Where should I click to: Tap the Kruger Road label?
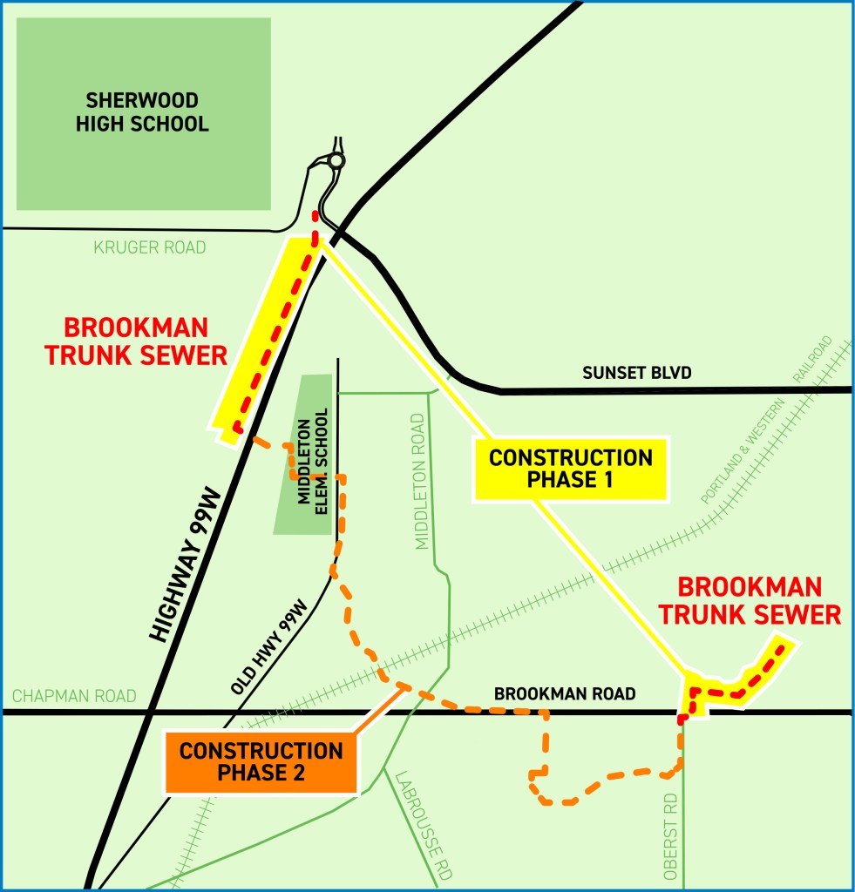coord(149,247)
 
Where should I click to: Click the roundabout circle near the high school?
coord(336,161)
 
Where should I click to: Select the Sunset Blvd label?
coord(636,374)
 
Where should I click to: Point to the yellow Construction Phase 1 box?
coord(571,469)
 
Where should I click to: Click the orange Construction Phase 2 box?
coord(261,761)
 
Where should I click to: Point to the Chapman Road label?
coord(74,696)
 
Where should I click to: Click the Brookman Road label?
coord(564,694)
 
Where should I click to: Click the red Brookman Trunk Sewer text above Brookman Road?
coord(749,601)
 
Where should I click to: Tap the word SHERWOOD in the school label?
coord(142,99)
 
